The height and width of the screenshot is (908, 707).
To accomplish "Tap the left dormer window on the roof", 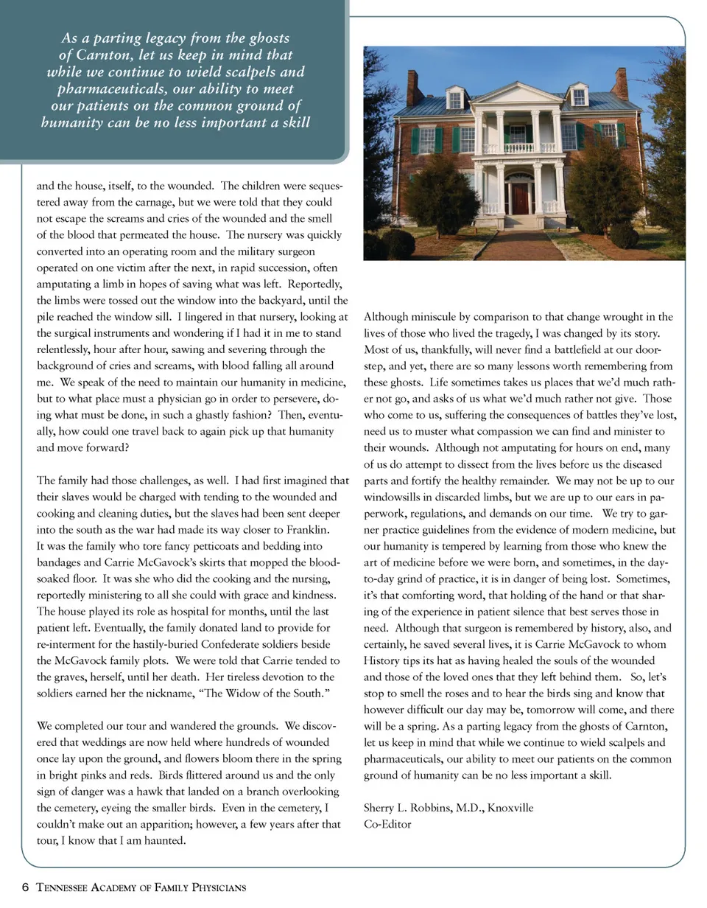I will click(x=455, y=98).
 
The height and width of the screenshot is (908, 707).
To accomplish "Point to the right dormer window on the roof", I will click(x=579, y=96).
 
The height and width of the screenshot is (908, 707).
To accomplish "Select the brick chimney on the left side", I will click(x=414, y=88).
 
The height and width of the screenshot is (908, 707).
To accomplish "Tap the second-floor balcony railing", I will click(x=519, y=147).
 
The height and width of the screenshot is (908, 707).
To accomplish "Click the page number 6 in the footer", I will click(x=26, y=887).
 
